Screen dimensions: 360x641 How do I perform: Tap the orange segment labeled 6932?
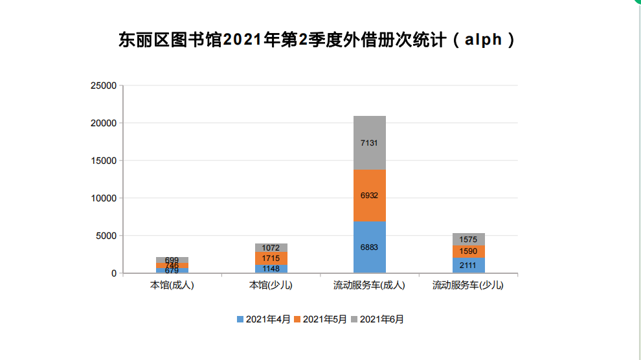(370, 195)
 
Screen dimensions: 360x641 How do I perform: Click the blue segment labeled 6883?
(370, 247)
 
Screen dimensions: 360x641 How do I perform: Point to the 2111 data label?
(469, 265)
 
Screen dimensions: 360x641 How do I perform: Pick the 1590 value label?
(469, 251)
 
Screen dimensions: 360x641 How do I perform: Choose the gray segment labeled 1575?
(469, 240)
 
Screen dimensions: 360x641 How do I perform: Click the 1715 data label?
(271, 258)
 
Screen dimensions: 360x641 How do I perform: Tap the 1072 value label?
(271, 248)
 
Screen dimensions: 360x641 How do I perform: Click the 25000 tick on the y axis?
(104, 85)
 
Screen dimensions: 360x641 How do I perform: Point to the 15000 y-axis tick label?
(104, 161)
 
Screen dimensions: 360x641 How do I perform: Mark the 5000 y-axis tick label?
(106, 236)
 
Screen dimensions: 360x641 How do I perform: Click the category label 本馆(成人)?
(172, 285)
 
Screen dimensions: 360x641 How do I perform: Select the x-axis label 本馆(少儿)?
(271, 285)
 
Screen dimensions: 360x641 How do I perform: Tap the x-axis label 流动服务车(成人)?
(370, 285)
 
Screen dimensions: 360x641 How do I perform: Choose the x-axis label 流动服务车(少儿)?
(468, 285)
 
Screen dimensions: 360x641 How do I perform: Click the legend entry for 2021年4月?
(264, 319)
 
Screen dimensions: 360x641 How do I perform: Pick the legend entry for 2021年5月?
(320, 319)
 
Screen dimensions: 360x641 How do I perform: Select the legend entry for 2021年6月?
(377, 319)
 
